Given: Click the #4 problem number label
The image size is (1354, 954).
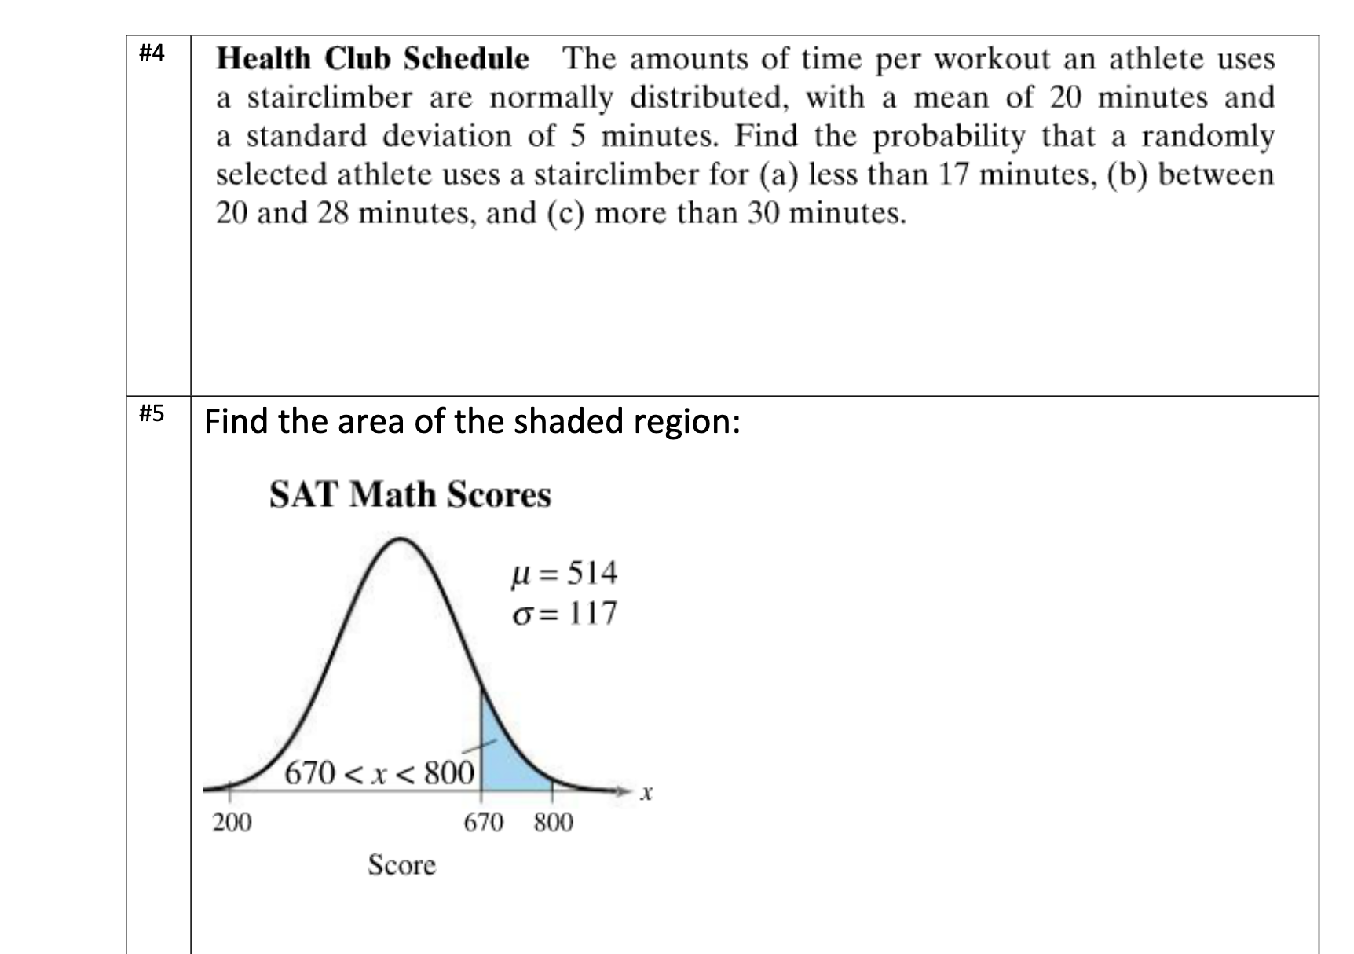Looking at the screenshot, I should point(152,53).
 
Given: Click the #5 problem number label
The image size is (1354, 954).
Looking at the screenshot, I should point(152,413).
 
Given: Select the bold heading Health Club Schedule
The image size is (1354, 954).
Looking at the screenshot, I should point(372,59).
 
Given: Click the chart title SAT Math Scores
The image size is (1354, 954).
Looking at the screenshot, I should point(410,495).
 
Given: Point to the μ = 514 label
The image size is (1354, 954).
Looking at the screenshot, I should point(565,573).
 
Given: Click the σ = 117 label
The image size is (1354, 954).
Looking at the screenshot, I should point(565,613).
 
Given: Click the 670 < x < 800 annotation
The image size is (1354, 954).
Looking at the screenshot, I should point(379,773).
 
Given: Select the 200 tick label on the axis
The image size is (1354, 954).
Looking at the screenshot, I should point(232,823).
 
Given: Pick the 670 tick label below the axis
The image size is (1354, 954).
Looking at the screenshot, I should point(483,823).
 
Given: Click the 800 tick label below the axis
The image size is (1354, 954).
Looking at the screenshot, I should point(553,823).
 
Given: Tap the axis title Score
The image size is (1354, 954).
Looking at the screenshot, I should point(401,865).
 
